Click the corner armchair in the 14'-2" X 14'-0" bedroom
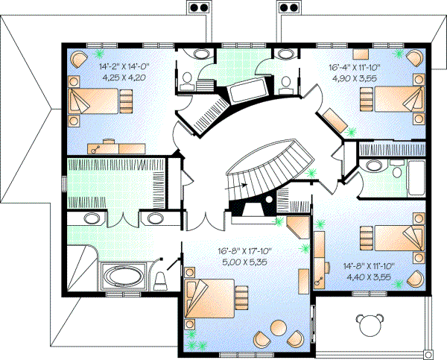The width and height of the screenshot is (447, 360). point(78,59)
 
